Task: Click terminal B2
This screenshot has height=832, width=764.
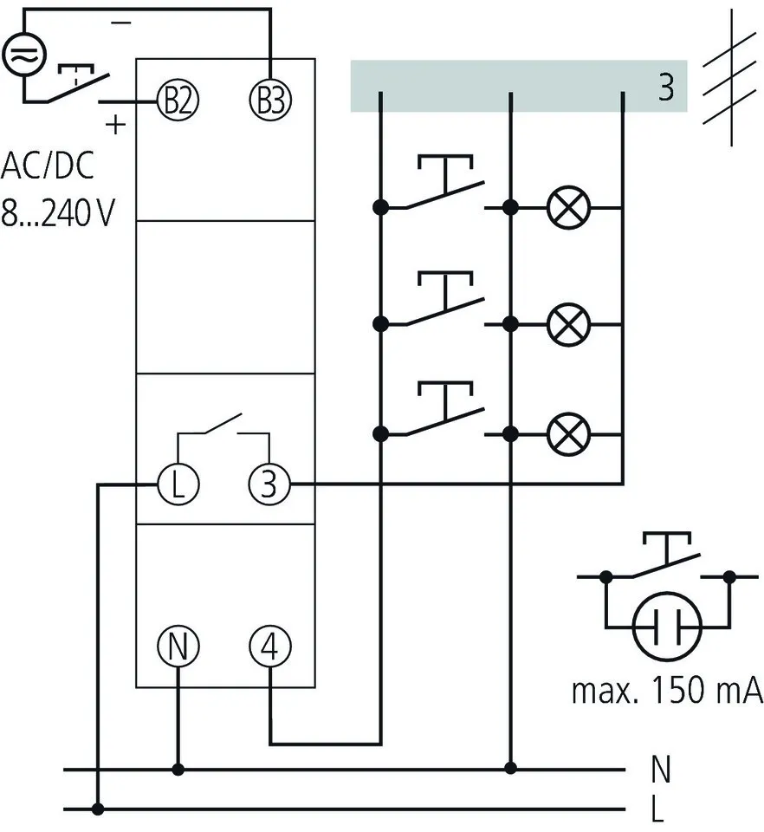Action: click(x=178, y=101)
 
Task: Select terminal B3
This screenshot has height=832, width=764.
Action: click(x=270, y=101)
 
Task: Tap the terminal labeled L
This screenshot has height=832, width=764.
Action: click(x=178, y=484)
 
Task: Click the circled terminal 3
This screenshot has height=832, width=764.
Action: click(x=270, y=484)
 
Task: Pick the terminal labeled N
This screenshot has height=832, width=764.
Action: click(x=178, y=647)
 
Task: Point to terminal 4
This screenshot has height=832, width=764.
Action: click(x=270, y=647)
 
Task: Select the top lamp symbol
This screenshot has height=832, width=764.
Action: click(x=568, y=207)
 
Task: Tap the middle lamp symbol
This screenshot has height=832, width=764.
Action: click(x=568, y=324)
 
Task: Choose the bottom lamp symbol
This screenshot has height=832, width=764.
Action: click(x=568, y=433)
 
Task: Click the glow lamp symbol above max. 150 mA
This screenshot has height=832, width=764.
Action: click(x=665, y=625)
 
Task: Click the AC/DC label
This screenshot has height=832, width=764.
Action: click(x=47, y=165)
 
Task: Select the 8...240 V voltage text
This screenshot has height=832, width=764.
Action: click(x=57, y=213)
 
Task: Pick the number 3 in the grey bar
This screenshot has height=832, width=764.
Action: click(x=665, y=88)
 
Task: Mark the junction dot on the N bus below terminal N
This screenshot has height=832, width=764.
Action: click(x=178, y=769)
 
